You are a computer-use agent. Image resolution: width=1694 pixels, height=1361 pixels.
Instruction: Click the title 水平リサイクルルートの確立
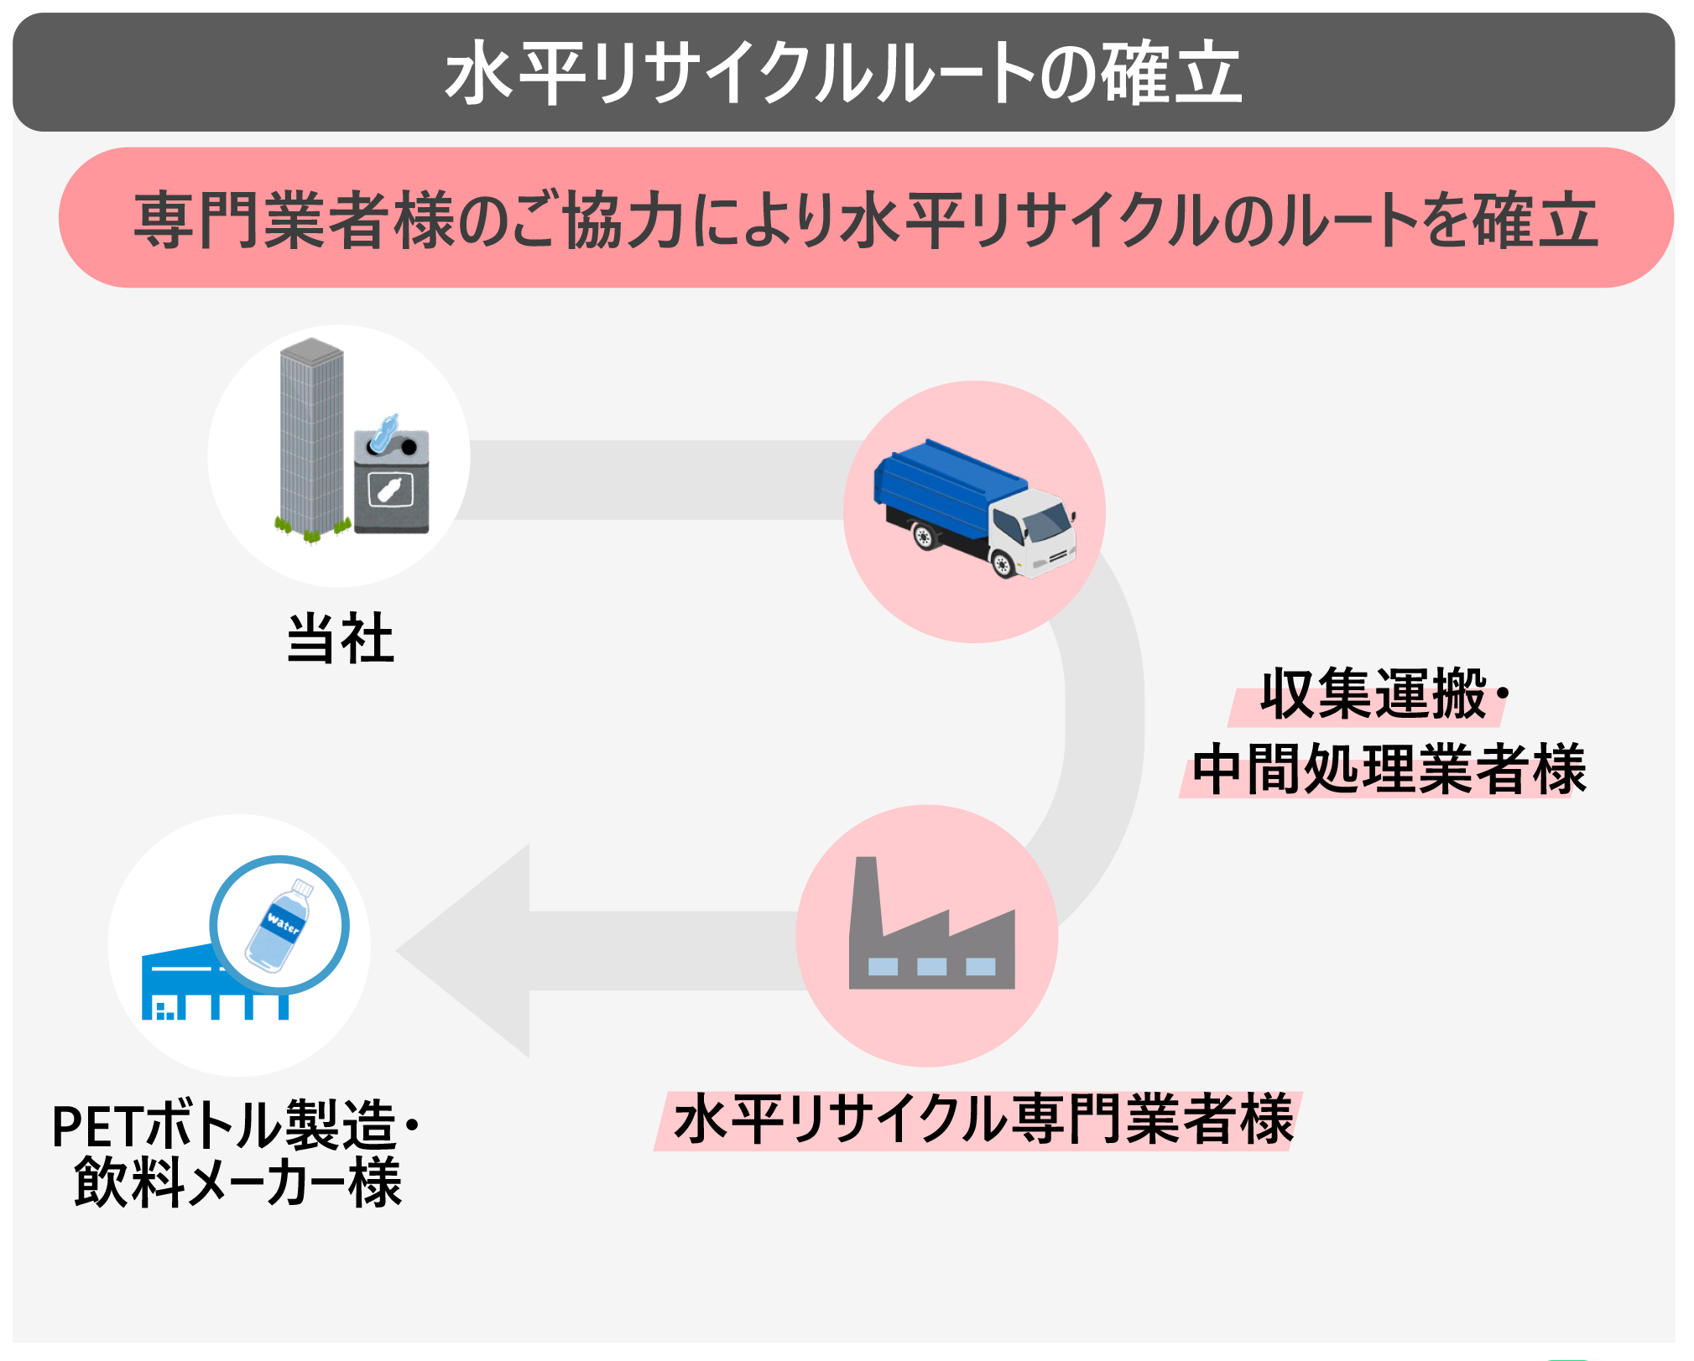843,74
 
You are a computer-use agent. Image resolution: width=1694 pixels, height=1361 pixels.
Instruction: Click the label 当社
340,639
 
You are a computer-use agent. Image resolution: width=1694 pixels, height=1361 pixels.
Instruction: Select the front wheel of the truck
1002,563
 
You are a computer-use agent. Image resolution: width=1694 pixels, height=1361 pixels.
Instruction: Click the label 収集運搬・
1376,694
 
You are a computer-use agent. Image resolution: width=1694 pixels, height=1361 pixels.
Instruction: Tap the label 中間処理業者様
1389,769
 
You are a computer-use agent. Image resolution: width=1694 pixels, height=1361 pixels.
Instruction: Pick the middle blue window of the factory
931,967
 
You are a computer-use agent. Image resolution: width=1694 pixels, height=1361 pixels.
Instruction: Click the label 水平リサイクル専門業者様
983,1120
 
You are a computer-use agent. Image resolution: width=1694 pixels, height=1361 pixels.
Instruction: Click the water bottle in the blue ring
279,925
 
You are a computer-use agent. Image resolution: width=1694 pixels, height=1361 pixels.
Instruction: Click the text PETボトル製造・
235,1125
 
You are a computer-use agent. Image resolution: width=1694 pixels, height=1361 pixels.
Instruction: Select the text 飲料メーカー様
237,1183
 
